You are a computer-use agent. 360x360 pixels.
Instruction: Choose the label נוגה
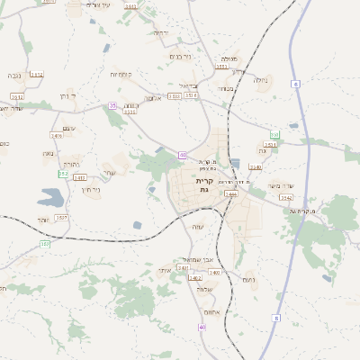click(x=49, y=154)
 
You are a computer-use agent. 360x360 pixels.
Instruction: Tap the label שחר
click(x=109, y=172)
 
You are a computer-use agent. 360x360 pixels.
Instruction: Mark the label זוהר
click(x=43, y=220)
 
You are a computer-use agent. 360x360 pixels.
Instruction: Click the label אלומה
click(x=153, y=97)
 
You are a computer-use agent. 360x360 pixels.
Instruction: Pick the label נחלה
click(x=261, y=80)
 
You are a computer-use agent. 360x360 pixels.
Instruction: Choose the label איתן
click(x=164, y=271)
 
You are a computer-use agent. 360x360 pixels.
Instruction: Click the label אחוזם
click(x=213, y=312)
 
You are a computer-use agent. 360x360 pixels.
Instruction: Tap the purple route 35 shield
click(x=112, y=105)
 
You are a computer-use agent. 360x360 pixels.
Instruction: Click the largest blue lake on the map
click(x=51, y=197)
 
